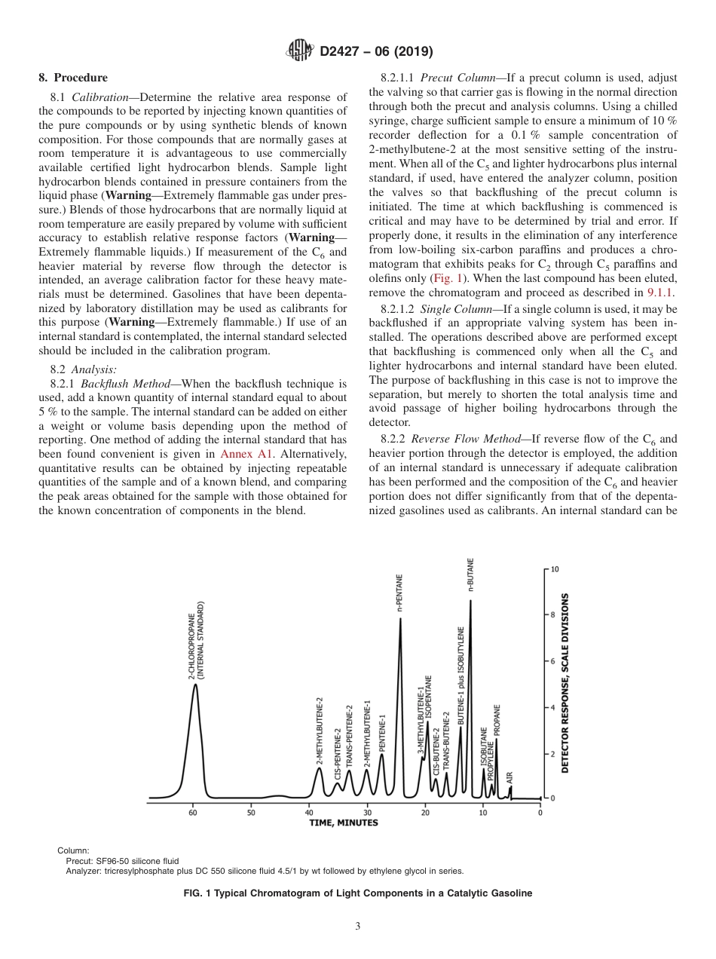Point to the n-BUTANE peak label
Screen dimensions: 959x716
(x=471, y=575)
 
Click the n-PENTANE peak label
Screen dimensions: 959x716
(x=400, y=593)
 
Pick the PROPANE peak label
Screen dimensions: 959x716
(x=497, y=720)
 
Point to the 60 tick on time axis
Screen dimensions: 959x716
(x=193, y=813)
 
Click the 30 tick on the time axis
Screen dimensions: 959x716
(x=367, y=813)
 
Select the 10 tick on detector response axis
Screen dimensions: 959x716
(x=555, y=569)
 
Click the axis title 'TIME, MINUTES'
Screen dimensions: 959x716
(x=344, y=823)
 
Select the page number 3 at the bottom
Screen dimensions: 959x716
(x=358, y=927)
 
